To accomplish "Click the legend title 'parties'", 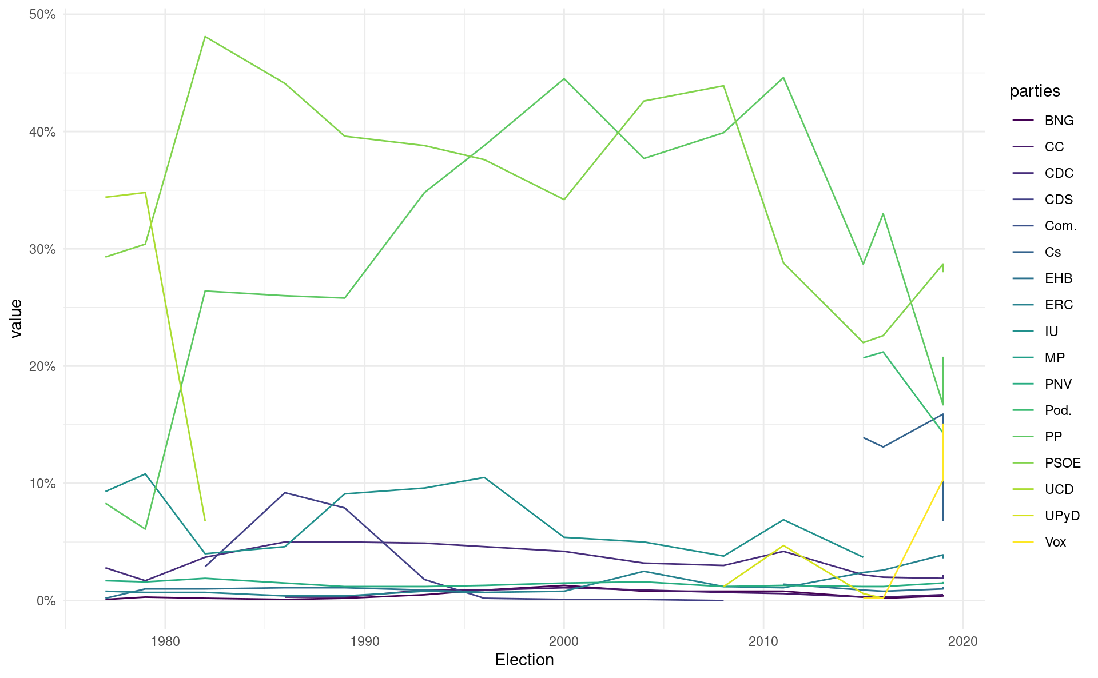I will [x=1035, y=91].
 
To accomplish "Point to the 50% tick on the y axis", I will [x=42, y=14].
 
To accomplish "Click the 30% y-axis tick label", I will [x=42, y=249].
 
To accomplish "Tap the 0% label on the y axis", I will [x=46, y=601].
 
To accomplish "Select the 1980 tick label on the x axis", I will [x=165, y=641].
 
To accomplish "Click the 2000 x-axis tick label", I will [x=564, y=641].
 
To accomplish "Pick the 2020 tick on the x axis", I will [x=962, y=641].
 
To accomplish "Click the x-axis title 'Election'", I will [x=524, y=660].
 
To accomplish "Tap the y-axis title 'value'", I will [x=16, y=318].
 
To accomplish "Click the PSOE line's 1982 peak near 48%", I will [x=205, y=37].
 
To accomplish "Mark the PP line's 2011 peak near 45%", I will [x=783, y=78].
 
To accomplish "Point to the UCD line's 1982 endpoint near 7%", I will [x=205, y=520].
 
